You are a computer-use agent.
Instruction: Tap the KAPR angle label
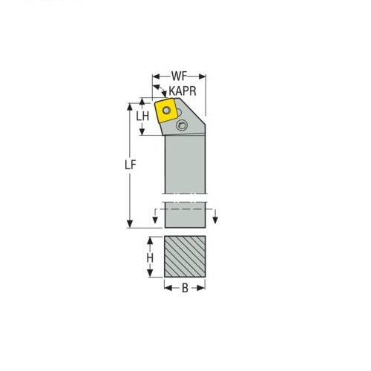tap(182, 91)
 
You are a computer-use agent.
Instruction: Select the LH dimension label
tap(143, 116)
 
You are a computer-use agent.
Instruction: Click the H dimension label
tap(150, 257)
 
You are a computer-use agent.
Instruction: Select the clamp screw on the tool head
tap(182, 128)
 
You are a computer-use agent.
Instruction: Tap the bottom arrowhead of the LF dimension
tap(131, 226)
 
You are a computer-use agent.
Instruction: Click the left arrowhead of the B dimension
tap(165, 287)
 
